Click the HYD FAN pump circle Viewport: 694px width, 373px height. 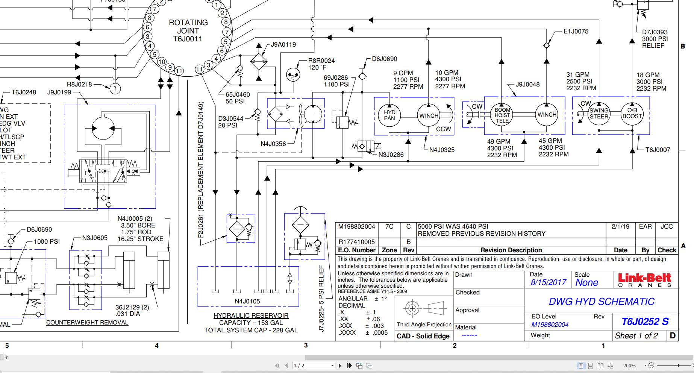[x=389, y=115]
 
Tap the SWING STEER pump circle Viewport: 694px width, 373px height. [x=599, y=113]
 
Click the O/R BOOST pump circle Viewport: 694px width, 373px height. [x=632, y=113]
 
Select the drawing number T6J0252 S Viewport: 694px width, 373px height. [x=645, y=321]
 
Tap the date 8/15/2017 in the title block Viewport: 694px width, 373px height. [x=548, y=282]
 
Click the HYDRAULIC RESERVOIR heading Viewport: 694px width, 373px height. [x=251, y=315]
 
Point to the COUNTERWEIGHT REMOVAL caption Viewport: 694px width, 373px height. [x=87, y=322]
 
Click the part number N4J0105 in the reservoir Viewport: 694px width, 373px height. [x=247, y=301]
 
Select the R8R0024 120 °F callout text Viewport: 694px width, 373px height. [x=321, y=64]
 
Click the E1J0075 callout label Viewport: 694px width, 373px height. [x=576, y=32]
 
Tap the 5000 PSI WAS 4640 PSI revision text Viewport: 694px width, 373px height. [x=453, y=226]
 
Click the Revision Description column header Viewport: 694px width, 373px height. [x=511, y=250]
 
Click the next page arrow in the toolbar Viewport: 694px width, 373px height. [x=340, y=365]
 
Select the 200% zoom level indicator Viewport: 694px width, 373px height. [x=629, y=365]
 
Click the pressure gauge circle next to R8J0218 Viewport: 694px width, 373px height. [x=115, y=89]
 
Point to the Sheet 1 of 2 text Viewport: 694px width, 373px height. [x=636, y=336]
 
